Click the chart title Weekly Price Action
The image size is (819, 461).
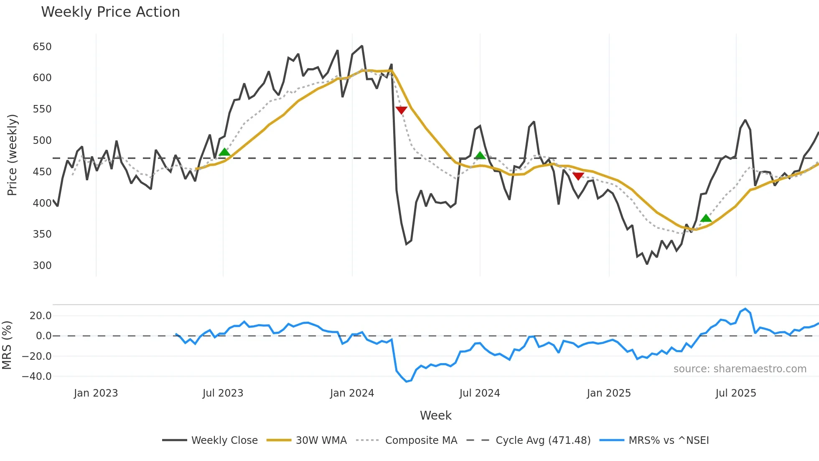pyautogui.click(x=110, y=12)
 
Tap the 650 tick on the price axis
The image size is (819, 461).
pyautogui.click(x=42, y=46)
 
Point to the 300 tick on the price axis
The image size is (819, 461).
pyautogui.click(x=42, y=265)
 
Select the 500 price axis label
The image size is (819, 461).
pyautogui.click(x=42, y=140)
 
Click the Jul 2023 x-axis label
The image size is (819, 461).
pyautogui.click(x=223, y=393)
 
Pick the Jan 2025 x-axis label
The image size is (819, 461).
pyautogui.click(x=608, y=393)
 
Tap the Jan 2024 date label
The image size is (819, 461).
pyautogui.click(x=352, y=393)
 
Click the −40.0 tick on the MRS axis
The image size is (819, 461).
pyautogui.click(x=37, y=376)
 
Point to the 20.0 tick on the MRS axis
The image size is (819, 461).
pyautogui.click(x=41, y=315)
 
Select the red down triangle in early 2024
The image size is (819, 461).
pyautogui.click(x=401, y=110)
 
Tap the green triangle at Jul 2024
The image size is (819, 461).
pyautogui.click(x=480, y=156)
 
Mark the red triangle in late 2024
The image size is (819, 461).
pyautogui.click(x=578, y=176)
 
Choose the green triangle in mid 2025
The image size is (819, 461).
pyautogui.click(x=706, y=218)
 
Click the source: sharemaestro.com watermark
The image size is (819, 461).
pyautogui.click(x=740, y=369)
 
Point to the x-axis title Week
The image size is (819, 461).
pyautogui.click(x=435, y=415)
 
